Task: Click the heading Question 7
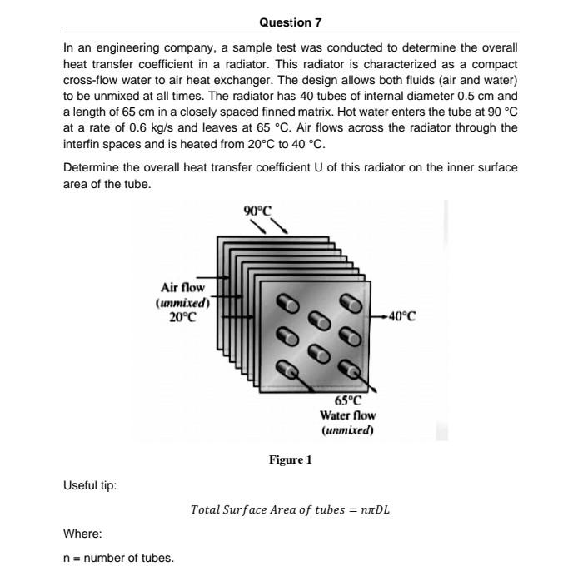pos(291,22)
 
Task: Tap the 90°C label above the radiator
pos(257,210)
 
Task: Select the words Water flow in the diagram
pos(347,415)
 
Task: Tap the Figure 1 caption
pos(290,459)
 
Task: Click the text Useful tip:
pos(90,485)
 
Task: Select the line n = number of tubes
pos(119,557)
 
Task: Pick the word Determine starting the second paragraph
pos(90,167)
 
